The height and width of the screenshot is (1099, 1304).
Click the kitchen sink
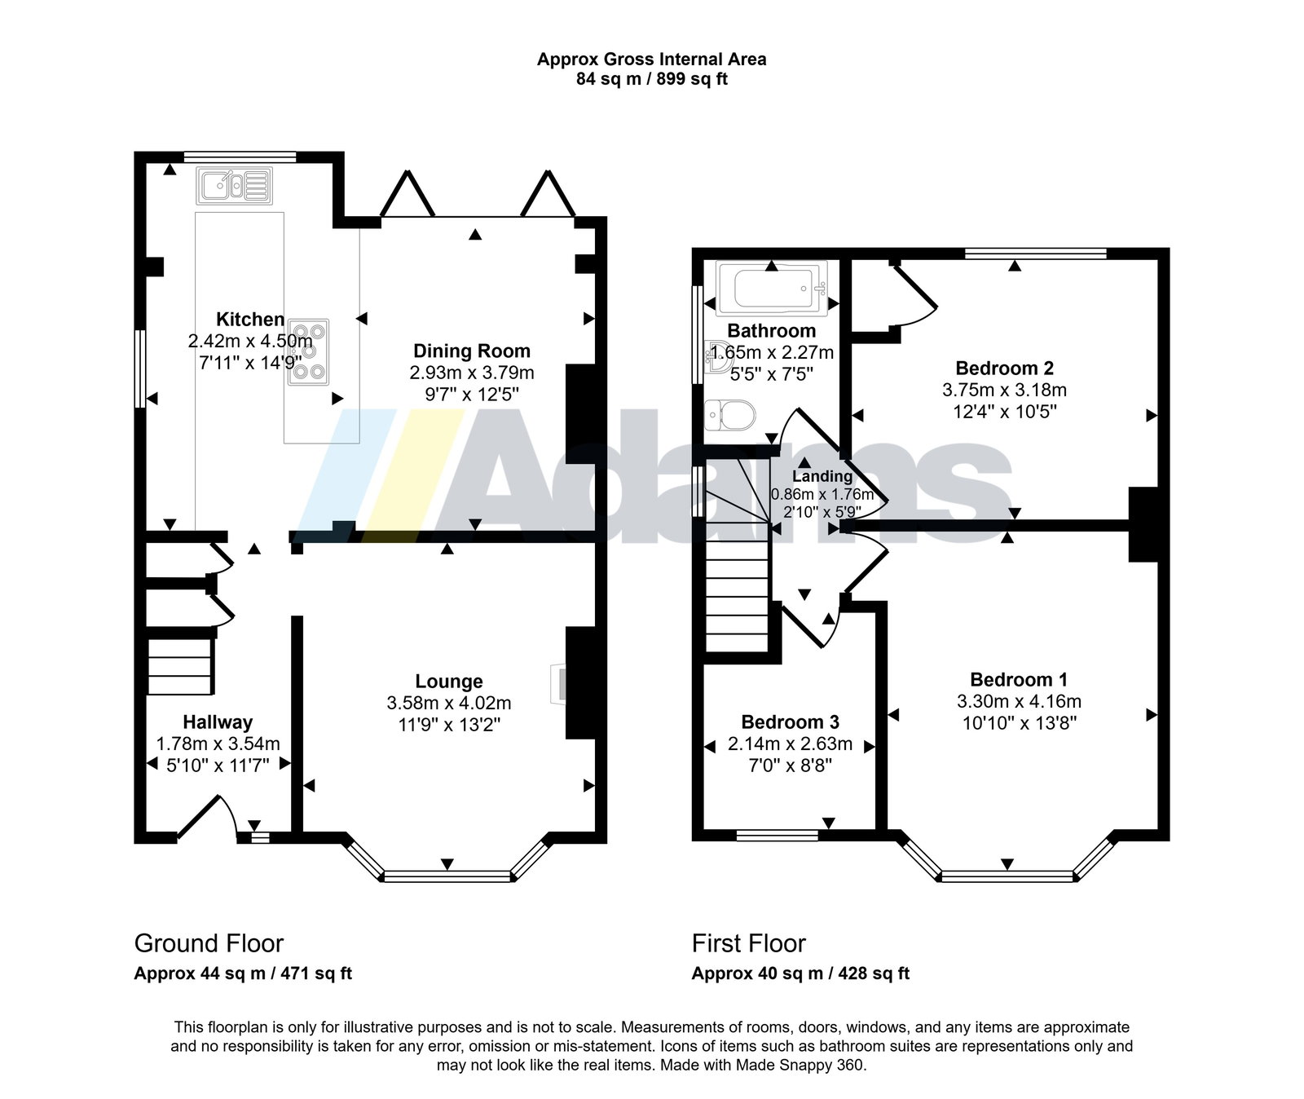click(x=234, y=186)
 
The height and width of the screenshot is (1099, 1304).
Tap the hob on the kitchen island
click(x=309, y=351)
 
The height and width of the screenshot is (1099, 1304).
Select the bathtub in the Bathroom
click(x=771, y=288)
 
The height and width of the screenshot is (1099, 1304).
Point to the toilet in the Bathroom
click(x=730, y=415)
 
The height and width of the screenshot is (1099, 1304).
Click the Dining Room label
click(x=472, y=351)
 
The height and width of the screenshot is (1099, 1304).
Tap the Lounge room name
click(x=449, y=682)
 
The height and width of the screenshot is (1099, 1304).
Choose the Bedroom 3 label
click(x=790, y=722)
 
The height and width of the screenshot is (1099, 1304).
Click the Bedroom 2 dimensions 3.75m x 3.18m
click(x=1004, y=390)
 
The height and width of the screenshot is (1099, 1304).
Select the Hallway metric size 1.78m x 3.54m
click(x=218, y=744)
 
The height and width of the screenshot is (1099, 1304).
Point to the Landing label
click(x=822, y=476)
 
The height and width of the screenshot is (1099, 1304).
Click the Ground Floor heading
click(x=209, y=943)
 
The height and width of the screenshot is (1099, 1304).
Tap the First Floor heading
click(x=748, y=943)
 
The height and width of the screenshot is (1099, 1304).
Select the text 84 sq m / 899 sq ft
click(x=652, y=79)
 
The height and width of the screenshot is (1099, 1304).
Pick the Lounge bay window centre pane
click(x=447, y=876)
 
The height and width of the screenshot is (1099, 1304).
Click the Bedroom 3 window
click(x=778, y=835)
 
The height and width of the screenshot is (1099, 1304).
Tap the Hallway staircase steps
click(x=180, y=667)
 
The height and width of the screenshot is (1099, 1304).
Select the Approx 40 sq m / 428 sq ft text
click(x=800, y=973)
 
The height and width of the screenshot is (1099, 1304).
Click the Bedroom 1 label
click(x=1019, y=680)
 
